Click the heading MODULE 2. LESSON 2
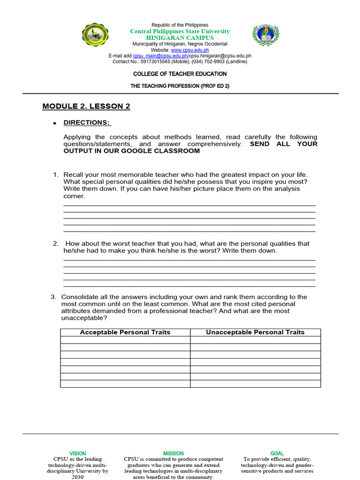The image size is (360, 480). coord(86,106)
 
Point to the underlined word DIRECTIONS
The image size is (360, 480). coord(87,123)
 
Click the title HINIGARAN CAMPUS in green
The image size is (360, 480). coord(180,37)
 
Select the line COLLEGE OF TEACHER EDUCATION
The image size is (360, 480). coord(180,74)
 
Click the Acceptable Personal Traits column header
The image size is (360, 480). coord(125,332)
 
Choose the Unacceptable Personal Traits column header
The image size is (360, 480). coord(255,332)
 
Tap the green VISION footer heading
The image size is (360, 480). coord(78,453)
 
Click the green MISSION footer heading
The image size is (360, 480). coord(173,453)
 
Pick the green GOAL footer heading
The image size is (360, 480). coord(277,453)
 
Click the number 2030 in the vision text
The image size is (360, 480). coord(78,477)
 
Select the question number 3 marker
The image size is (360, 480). coord(53,297)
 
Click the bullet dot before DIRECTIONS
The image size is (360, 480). coord(54,123)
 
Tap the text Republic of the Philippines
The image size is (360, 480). coord(180,25)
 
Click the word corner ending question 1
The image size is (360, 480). coord(74,196)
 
